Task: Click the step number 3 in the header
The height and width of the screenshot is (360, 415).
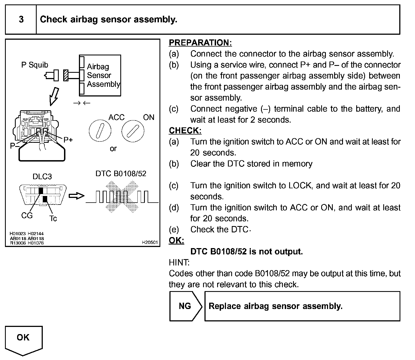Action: coord(21,20)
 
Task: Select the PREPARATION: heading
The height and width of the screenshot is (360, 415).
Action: coord(200,43)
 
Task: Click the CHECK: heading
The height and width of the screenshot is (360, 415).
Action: coord(185,130)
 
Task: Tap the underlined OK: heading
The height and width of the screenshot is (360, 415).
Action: coord(176,240)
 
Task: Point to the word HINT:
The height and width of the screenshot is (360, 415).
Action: coord(179,262)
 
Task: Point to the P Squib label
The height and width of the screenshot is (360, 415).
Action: coord(35,65)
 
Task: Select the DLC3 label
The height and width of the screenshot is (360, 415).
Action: coord(42,177)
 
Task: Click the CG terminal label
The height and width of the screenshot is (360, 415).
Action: coord(27,216)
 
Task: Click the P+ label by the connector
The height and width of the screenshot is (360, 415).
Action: coord(68,140)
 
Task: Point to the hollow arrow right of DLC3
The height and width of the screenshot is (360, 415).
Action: coord(76,196)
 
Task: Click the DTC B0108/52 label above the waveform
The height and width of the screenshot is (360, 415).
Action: coord(121,174)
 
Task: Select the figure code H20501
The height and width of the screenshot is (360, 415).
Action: coord(150,242)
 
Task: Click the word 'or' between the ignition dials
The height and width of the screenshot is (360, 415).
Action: coord(113,149)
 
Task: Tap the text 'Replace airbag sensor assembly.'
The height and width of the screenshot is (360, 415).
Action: coord(275,306)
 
